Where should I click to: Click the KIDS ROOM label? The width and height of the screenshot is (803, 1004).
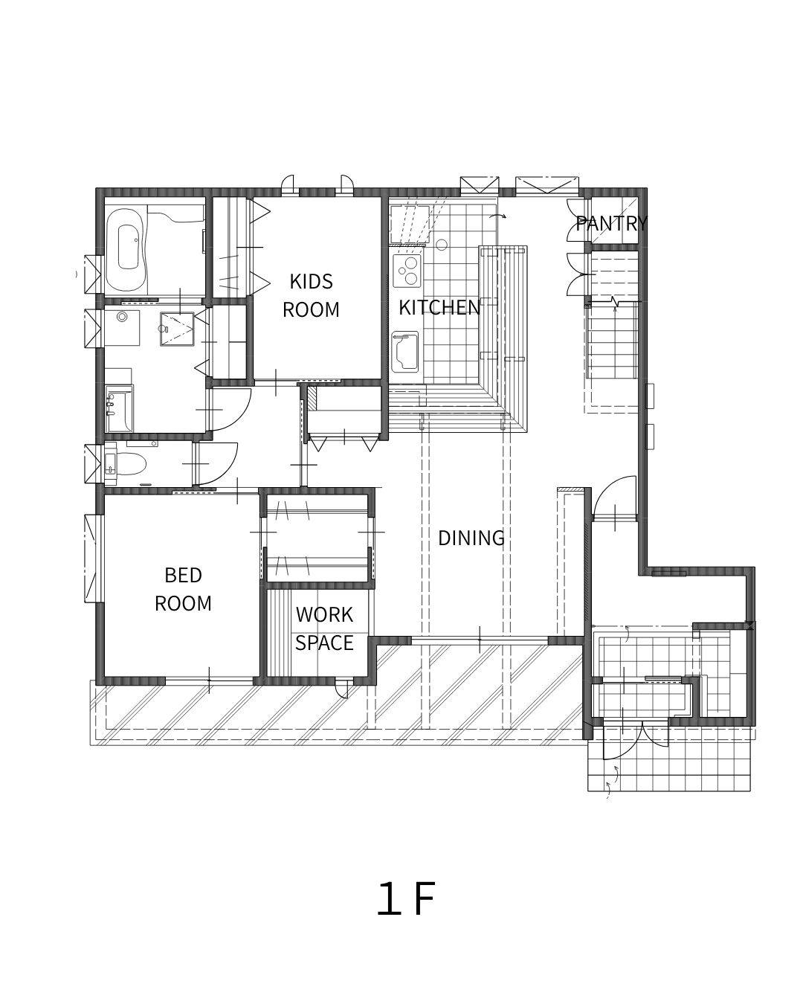tap(311, 295)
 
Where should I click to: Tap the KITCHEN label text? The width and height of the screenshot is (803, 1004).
tap(439, 307)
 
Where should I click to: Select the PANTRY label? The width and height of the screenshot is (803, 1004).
tap(611, 223)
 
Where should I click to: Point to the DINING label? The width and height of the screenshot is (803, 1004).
tap(471, 538)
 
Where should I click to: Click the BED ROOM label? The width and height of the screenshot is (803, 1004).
tap(183, 589)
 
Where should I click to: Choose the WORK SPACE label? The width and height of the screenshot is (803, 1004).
tap(324, 629)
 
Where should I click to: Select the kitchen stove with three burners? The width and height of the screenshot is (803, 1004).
tap(407, 271)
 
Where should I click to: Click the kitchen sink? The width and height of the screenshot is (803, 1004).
tap(404, 351)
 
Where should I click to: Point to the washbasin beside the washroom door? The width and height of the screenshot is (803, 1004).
tap(119, 408)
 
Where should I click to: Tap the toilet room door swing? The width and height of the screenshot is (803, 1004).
tap(218, 463)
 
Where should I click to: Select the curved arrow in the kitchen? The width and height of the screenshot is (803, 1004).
tap(497, 216)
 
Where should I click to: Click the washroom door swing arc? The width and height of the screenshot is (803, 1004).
tap(231, 409)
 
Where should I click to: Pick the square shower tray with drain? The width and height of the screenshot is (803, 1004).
tap(177, 329)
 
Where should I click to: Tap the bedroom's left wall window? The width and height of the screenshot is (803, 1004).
tap(93, 559)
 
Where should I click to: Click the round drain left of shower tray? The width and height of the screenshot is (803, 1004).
tap(122, 317)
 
